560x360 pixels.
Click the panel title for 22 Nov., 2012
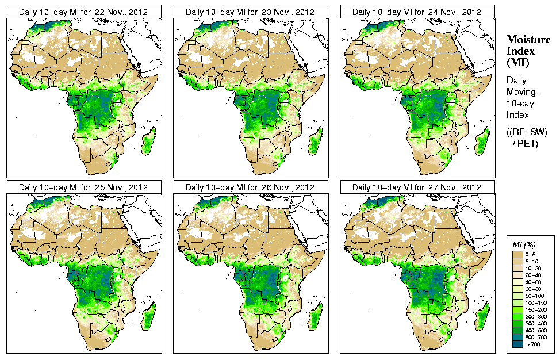(x=83, y=12)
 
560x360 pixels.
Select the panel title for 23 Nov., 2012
(x=250, y=12)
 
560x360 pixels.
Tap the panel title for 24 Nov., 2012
(x=417, y=12)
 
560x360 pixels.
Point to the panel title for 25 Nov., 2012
(x=83, y=187)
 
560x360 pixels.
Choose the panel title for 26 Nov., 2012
(x=250, y=187)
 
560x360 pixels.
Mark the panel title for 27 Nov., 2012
(x=417, y=187)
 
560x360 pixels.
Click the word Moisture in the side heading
(x=528, y=39)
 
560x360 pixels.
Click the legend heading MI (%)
(x=523, y=246)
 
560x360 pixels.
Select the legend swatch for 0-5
(x=518, y=254)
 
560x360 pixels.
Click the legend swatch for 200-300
(x=518, y=316)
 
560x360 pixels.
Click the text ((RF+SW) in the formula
(x=527, y=132)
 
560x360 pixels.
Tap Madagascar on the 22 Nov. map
(x=148, y=141)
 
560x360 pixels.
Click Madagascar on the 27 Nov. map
(x=482, y=317)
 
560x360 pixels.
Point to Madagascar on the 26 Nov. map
(x=315, y=317)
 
